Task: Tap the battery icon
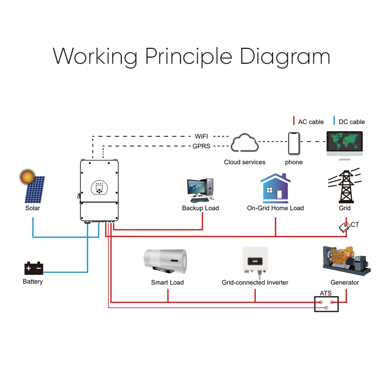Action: click(x=34, y=268)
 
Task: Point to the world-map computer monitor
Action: click(x=345, y=144)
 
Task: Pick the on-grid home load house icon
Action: click(x=275, y=188)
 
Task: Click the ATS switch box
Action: click(x=326, y=304)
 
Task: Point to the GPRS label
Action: click(x=201, y=146)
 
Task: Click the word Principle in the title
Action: click(x=188, y=57)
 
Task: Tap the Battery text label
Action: click(x=33, y=282)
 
